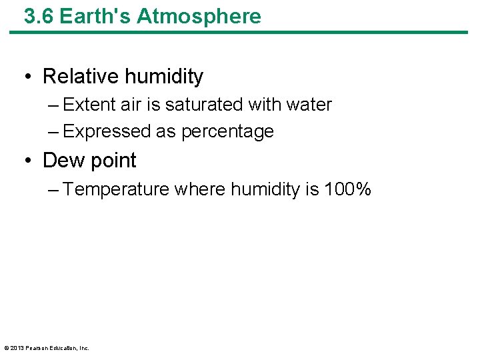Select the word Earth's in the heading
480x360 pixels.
click(95, 16)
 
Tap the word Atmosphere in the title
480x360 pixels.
click(199, 16)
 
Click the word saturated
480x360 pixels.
click(204, 105)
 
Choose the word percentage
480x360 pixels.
click(227, 132)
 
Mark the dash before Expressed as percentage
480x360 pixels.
click(54, 131)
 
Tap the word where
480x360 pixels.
click(200, 190)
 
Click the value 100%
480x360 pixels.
click(347, 190)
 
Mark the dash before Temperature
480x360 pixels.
click(54, 190)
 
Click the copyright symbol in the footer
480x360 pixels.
click(6, 348)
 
